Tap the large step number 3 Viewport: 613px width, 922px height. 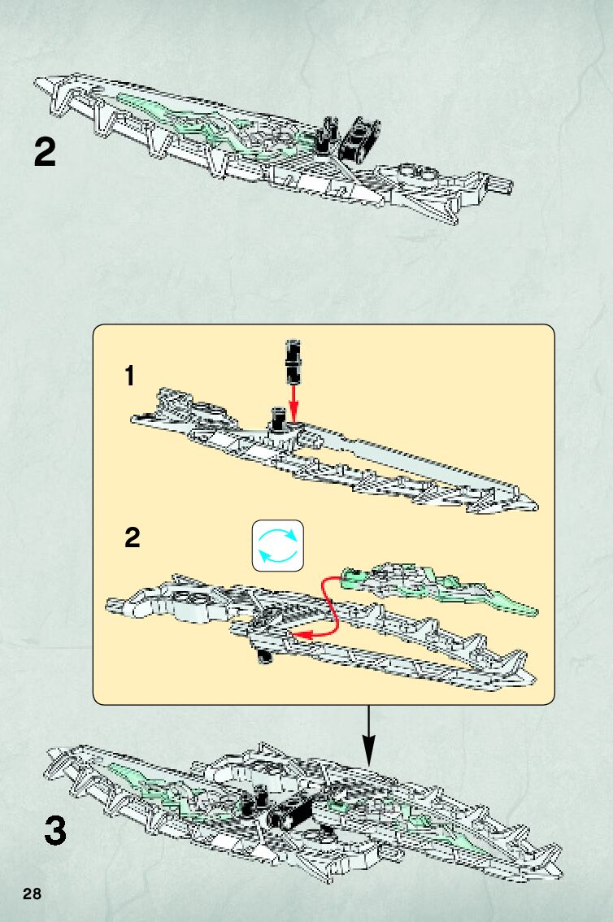54,830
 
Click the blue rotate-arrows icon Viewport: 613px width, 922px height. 278,544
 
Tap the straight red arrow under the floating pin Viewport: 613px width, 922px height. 293,402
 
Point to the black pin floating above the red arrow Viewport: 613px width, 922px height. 292,362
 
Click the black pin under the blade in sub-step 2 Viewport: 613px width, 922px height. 263,654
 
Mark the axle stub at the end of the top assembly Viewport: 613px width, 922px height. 502,185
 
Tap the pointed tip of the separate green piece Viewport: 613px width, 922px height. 534,610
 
